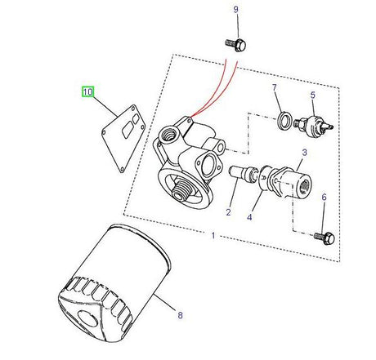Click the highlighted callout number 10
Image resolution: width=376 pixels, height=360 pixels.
pos(87,91)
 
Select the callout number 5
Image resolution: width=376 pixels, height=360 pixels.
pos(311,96)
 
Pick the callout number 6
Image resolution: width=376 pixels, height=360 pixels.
pos(324,198)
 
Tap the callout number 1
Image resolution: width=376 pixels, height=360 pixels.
pos(213,236)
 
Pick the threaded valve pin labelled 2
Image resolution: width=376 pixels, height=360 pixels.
pos(243,172)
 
